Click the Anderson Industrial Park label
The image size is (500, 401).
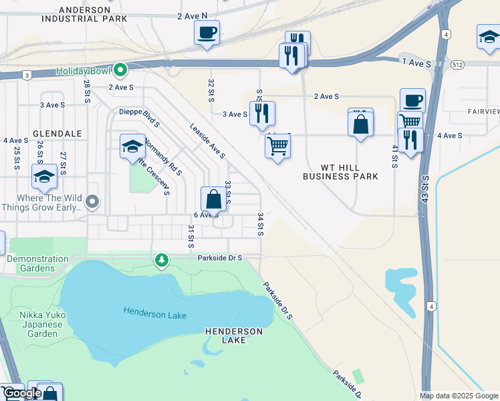(x=94, y=14)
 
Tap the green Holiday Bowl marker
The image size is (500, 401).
(x=120, y=70)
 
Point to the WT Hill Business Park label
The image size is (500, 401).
(x=340, y=172)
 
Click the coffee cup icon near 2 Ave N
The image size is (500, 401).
(x=207, y=32)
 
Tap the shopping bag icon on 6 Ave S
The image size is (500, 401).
(x=213, y=199)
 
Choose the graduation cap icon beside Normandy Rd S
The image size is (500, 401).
(x=132, y=146)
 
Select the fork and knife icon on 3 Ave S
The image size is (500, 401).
(x=262, y=114)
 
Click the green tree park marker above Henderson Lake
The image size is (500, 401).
(x=160, y=260)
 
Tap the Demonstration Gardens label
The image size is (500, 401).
(x=37, y=263)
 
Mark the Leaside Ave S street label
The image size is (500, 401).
(x=207, y=140)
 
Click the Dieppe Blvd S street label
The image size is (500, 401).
(x=139, y=118)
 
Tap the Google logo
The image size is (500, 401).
(x=22, y=393)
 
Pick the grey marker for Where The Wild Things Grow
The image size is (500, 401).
(x=93, y=201)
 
